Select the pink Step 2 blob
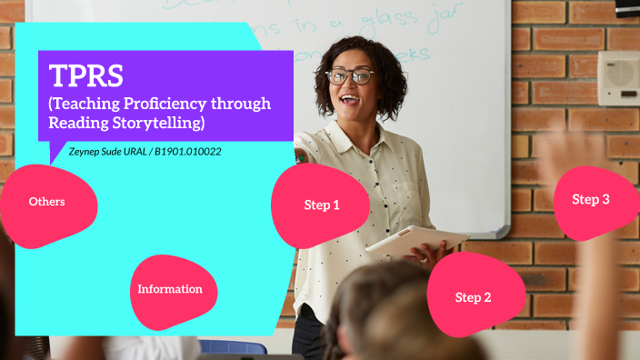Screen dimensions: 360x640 pos(474,296)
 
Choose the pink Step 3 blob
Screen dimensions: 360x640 pos(591,200)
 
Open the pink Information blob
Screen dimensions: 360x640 pos(170,289)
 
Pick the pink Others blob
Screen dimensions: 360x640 pos(47,202)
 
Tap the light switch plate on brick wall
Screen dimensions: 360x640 pos(618,78)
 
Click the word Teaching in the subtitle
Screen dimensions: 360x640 pos(83,103)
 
